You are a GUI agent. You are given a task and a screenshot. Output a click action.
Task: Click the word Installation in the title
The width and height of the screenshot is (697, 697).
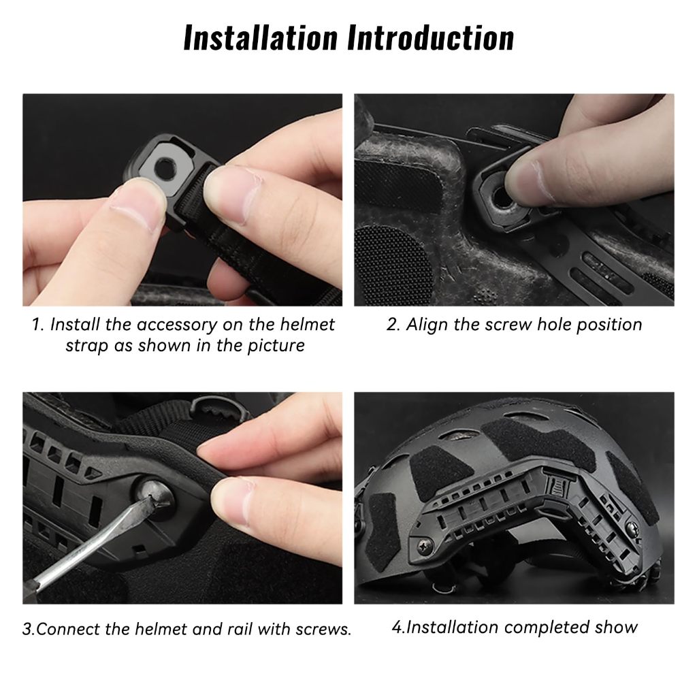point(261,38)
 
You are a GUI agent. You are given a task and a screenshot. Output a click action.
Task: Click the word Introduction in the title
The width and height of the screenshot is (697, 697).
point(430,38)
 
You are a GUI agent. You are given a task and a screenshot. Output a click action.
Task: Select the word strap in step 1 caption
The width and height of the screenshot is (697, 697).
point(87,346)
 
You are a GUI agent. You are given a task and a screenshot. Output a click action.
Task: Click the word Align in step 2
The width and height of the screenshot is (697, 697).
point(427,325)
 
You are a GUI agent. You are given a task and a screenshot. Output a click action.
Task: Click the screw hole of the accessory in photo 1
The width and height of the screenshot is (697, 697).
point(165,169)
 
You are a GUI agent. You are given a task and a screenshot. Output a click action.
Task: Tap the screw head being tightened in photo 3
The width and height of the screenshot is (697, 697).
point(152,492)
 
